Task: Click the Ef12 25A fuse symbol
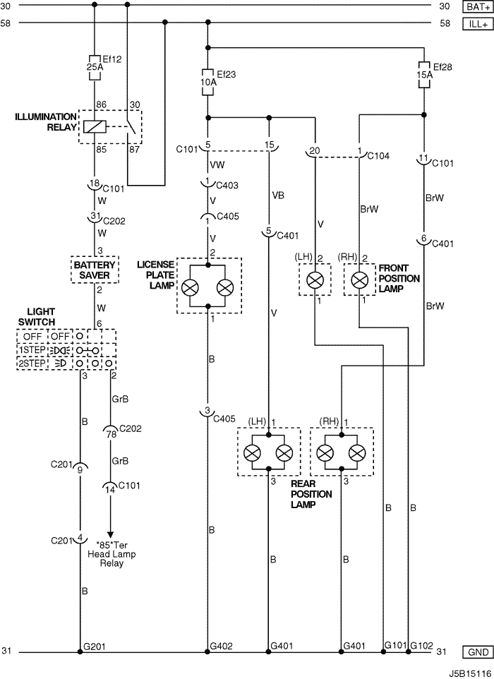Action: coord(95,68)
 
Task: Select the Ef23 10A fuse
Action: coord(208,82)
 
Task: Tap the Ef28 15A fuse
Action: coord(424,75)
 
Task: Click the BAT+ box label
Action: coord(478,6)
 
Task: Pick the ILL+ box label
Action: coord(478,24)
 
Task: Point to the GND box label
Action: coord(478,652)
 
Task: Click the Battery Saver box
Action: coord(95,270)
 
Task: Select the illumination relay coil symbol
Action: coord(95,126)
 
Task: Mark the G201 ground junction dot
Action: coord(80,651)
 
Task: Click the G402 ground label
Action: coord(221,646)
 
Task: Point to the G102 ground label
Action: coord(422,646)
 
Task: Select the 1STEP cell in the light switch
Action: coord(32,350)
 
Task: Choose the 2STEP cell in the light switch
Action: coord(32,363)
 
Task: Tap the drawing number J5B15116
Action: coord(470,674)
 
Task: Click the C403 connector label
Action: coord(227,186)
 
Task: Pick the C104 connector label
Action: coord(378,156)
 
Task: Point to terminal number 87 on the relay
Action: coord(135,150)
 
